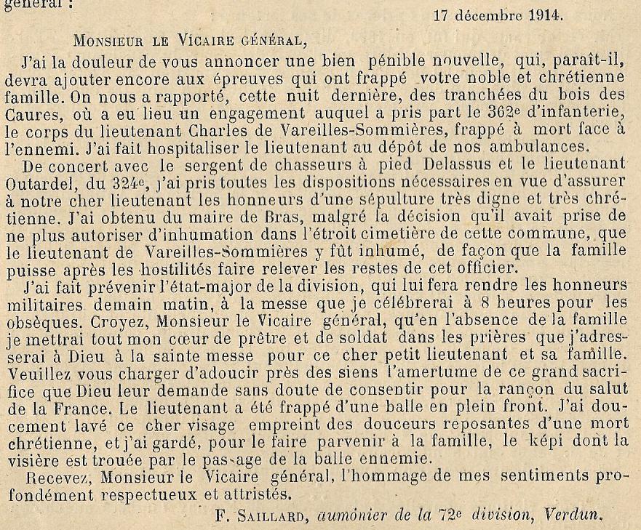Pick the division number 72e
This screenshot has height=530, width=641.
click(450, 514)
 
